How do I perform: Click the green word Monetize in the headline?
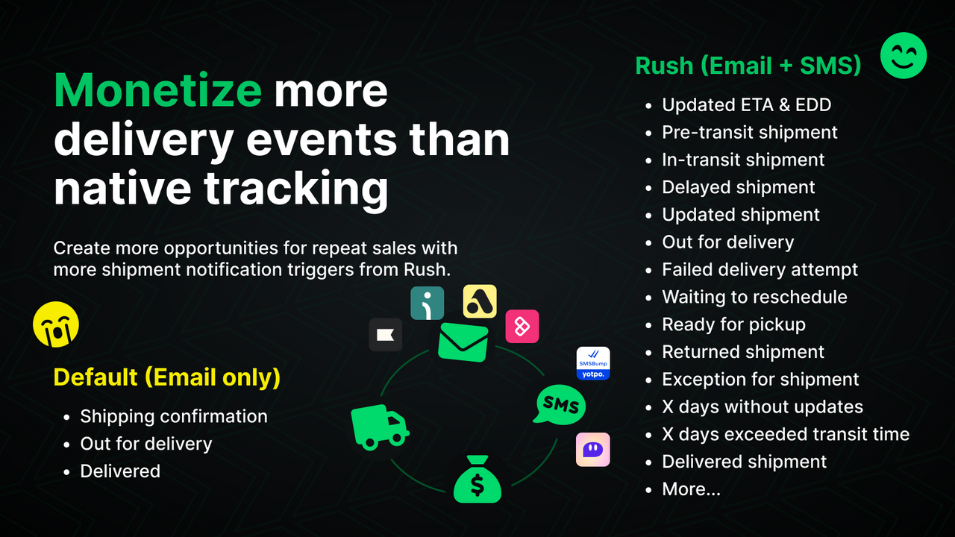click(157, 91)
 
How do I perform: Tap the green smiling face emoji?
click(904, 55)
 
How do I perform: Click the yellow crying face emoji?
click(56, 325)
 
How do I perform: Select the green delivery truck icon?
click(379, 427)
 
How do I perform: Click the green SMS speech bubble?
click(560, 405)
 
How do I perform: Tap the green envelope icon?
click(463, 342)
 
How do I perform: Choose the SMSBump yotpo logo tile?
click(593, 363)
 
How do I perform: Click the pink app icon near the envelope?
click(522, 327)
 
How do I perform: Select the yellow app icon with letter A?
click(480, 301)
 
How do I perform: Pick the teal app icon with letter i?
click(428, 303)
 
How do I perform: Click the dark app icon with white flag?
click(386, 335)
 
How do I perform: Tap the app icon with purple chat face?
click(593, 450)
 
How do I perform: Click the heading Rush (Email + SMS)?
click(748, 66)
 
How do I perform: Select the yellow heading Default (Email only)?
click(167, 377)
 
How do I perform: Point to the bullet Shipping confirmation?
click(173, 416)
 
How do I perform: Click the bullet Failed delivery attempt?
click(760, 269)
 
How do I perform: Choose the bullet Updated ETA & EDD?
click(746, 105)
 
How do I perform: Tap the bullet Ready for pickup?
click(733, 324)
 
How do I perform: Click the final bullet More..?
click(691, 489)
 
